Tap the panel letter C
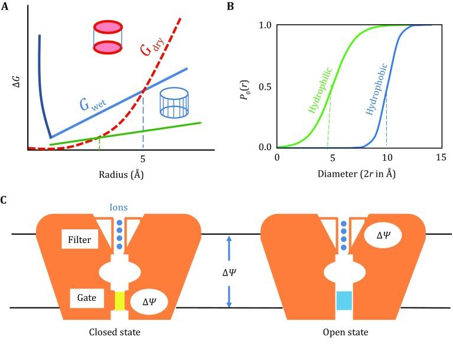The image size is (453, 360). [5, 200]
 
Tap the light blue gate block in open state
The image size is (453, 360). [344, 301]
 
